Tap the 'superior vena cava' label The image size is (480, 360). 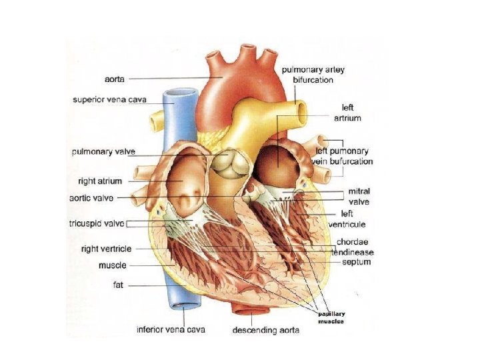110,100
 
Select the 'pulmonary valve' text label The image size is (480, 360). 103,152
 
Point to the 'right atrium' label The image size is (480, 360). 101,181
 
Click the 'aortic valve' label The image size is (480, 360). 91,198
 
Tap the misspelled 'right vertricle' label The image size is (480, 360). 106,249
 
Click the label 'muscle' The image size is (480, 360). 113,265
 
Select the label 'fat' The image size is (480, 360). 118,285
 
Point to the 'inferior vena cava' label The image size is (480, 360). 171,329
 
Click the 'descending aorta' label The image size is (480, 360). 266,329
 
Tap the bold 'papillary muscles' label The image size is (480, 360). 330,317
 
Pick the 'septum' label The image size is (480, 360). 356,262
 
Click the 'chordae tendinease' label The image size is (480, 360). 355,247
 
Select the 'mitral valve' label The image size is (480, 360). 359,196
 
